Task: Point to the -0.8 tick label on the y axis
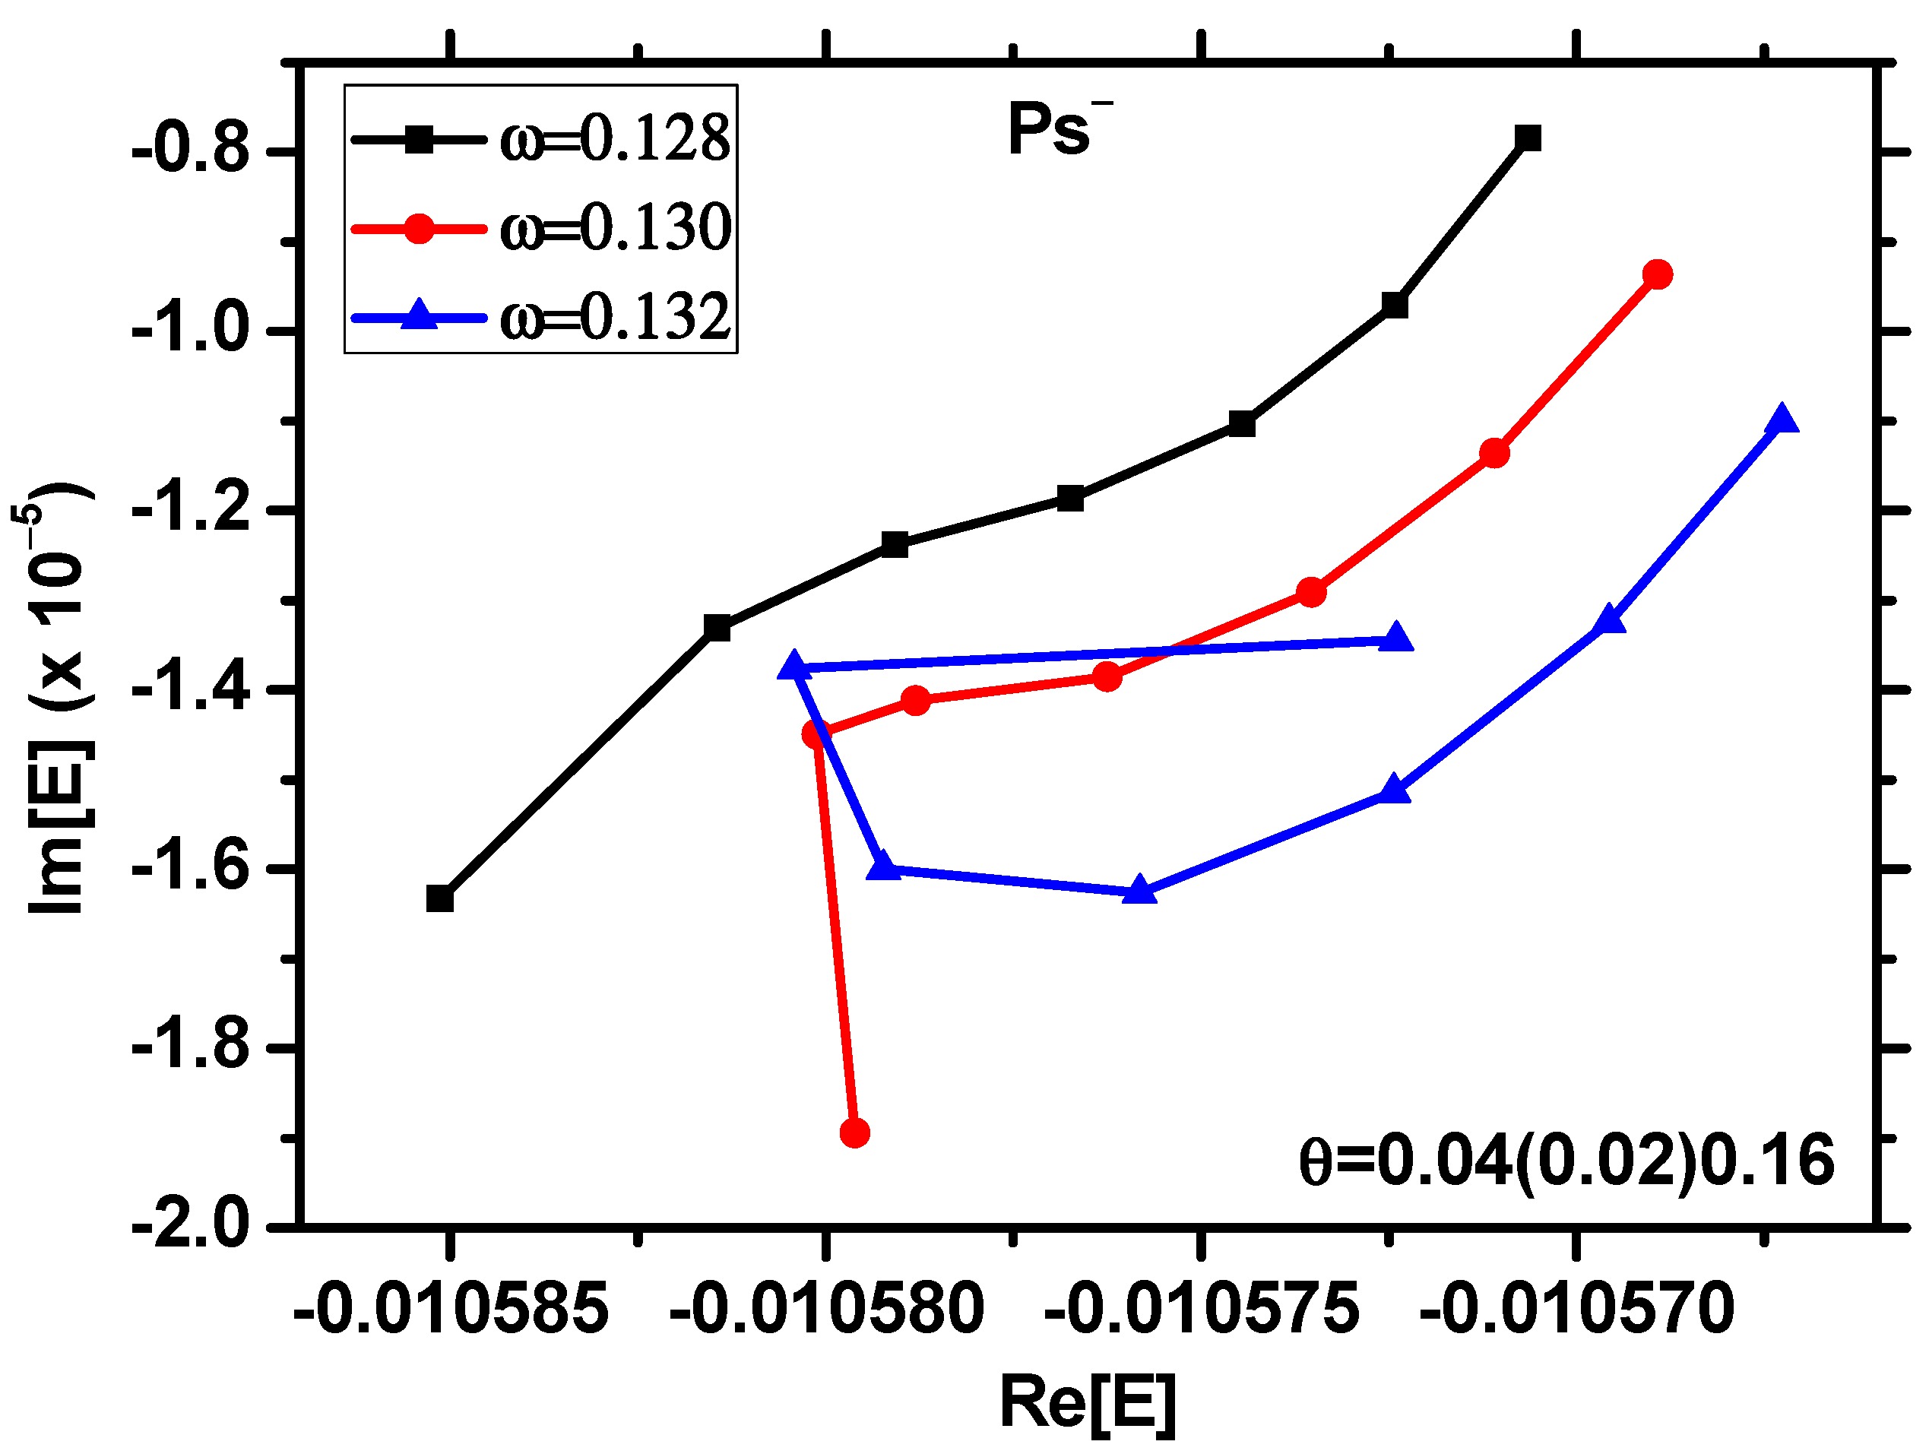click(190, 152)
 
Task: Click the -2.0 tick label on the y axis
click(190, 1226)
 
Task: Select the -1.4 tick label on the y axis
click(190, 690)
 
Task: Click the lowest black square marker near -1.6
click(439, 898)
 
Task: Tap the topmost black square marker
click(1528, 138)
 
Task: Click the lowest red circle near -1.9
click(854, 1133)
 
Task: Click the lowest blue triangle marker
click(1139, 892)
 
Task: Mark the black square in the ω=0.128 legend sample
click(419, 140)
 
